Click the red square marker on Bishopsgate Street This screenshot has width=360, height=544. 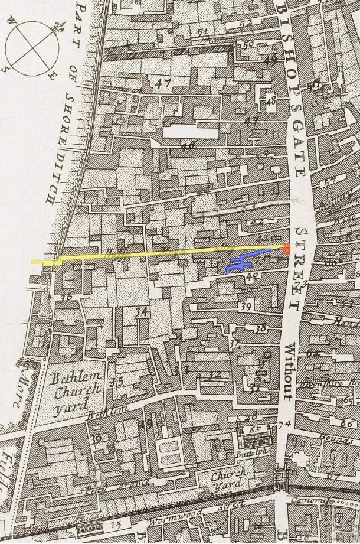click(x=286, y=249)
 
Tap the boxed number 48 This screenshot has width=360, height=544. click(x=271, y=101)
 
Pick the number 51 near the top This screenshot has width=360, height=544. click(x=204, y=31)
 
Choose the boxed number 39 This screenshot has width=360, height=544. click(x=246, y=305)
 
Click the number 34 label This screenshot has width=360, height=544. click(x=141, y=312)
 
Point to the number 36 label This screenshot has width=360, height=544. click(x=66, y=297)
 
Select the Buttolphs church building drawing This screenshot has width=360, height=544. click(x=257, y=439)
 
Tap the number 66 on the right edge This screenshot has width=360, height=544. click(x=347, y=424)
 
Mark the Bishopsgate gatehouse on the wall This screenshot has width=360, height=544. click(x=282, y=475)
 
